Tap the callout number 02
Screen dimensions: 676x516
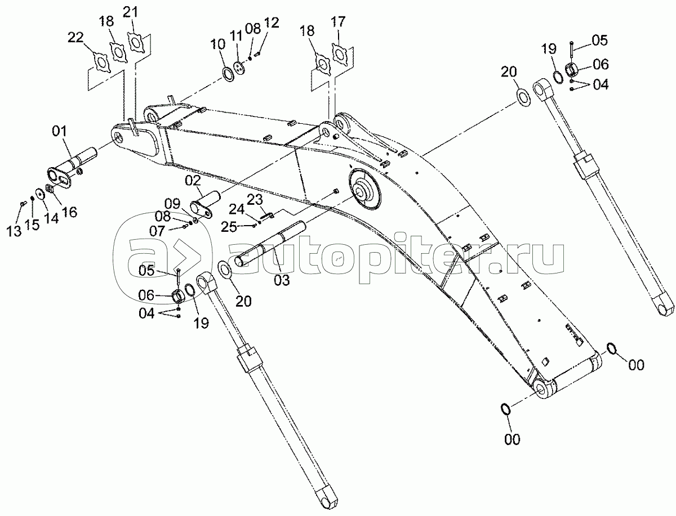pos(193,181)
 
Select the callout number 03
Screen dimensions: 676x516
pos(282,280)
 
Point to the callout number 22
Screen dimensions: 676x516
pos(75,38)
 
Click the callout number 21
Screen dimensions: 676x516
pos(130,12)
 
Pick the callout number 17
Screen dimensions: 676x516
pos(338,22)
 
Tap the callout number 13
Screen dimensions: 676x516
pos(14,231)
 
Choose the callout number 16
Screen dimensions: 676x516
pos(69,212)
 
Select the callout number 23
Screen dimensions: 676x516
pos(255,200)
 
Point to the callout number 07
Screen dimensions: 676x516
pos(157,231)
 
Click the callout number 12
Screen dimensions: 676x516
pos(272,23)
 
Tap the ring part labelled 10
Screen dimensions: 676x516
pos(229,74)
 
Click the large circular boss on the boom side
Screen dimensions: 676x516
pos(364,189)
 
